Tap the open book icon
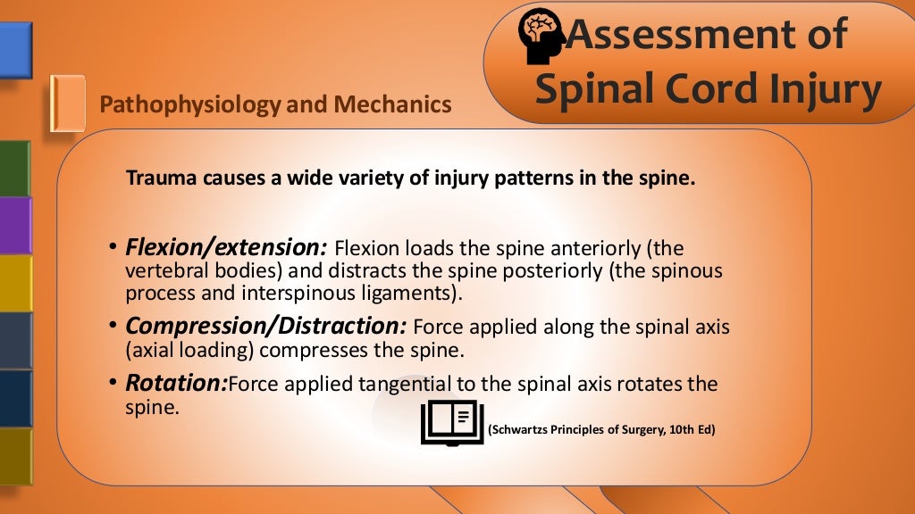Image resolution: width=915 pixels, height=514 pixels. pos(452,423)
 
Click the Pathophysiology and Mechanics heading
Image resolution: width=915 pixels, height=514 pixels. pos(275,105)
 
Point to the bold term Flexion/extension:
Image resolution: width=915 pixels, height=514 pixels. pos(227,246)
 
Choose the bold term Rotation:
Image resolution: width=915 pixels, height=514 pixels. pos(176,384)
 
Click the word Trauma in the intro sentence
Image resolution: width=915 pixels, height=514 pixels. pos(155,178)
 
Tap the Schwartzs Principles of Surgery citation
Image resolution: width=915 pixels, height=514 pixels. pos(601,430)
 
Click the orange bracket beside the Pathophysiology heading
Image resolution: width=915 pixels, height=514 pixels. pos(67,104)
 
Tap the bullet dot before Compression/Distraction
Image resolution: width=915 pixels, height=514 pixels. pos(113,327)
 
